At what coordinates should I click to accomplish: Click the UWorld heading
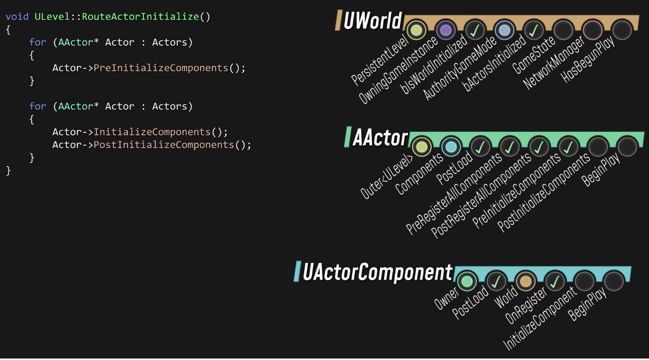click(372, 21)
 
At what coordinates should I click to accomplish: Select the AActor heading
click(380, 138)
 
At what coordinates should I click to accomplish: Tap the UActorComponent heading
click(378, 272)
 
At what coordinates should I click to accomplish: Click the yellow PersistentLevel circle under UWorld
click(416, 30)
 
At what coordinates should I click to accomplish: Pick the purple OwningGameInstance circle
click(446, 30)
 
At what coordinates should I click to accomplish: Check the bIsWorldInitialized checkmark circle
click(475, 30)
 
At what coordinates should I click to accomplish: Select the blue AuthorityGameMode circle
click(504, 30)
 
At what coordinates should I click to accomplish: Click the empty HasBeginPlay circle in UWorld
click(621, 30)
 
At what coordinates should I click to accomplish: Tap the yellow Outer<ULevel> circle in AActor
click(421, 147)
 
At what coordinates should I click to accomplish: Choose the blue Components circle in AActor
click(451, 147)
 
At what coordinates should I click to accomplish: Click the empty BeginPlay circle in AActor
click(627, 147)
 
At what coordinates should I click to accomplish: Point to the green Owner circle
click(466, 282)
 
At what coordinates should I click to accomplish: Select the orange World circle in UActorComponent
click(525, 282)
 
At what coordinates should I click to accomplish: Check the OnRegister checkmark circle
click(555, 282)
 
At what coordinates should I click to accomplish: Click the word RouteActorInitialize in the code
click(140, 16)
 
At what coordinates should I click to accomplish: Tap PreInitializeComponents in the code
click(161, 68)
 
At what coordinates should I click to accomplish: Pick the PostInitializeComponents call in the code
click(164, 145)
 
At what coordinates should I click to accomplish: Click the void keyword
click(17, 16)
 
